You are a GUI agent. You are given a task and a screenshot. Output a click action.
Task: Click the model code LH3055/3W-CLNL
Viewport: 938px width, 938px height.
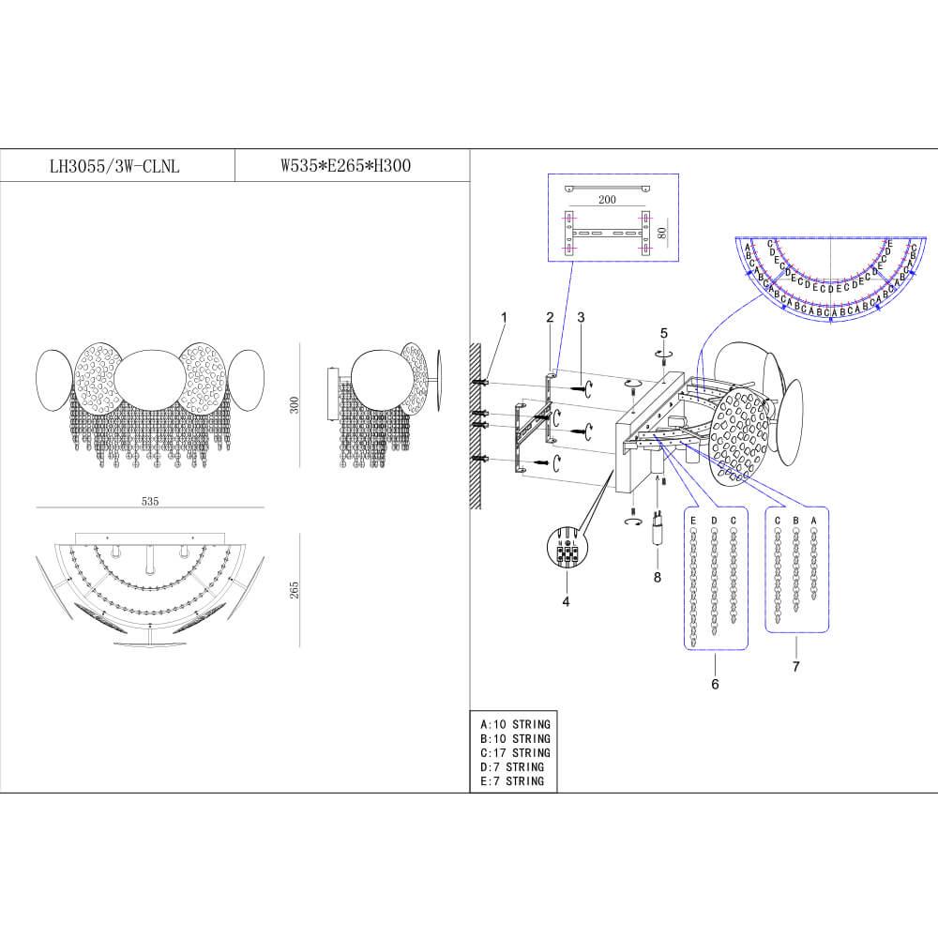pyautogui.click(x=114, y=167)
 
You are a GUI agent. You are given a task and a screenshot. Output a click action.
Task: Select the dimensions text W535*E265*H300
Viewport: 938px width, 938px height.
pyautogui.click(x=346, y=166)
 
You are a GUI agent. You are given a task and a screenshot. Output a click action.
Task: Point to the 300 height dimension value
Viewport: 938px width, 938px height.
pyautogui.click(x=295, y=405)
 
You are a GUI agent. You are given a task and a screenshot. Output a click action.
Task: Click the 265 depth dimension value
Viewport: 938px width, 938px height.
pyautogui.click(x=295, y=590)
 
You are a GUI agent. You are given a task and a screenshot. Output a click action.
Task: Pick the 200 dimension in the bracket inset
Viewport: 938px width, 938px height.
pyautogui.click(x=606, y=200)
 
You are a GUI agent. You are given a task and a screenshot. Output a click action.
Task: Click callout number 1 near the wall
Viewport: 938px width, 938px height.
pyautogui.click(x=504, y=317)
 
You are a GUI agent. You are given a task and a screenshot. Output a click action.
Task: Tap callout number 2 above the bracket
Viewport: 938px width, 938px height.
pyautogui.click(x=550, y=317)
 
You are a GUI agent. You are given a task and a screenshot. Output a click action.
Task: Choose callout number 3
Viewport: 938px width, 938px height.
pyautogui.click(x=581, y=317)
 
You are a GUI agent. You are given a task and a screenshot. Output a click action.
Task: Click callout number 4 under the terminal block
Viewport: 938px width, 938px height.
pyautogui.click(x=565, y=600)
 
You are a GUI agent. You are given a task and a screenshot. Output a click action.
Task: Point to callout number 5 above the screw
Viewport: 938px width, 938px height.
pyautogui.click(x=664, y=333)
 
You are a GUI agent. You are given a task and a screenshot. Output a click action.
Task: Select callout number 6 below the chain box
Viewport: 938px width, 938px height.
pyautogui.click(x=715, y=684)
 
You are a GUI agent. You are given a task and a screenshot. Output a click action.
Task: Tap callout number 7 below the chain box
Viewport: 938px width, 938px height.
pyautogui.click(x=795, y=666)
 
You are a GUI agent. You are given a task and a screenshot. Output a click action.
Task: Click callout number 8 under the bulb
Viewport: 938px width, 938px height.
pyautogui.click(x=657, y=577)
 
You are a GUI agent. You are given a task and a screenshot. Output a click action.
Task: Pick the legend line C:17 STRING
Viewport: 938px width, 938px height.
pyautogui.click(x=515, y=752)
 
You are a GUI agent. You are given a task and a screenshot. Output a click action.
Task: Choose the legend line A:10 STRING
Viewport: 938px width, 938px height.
pyautogui.click(x=515, y=724)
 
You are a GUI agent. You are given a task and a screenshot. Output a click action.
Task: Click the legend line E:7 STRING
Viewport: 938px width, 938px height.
pyautogui.click(x=511, y=780)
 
